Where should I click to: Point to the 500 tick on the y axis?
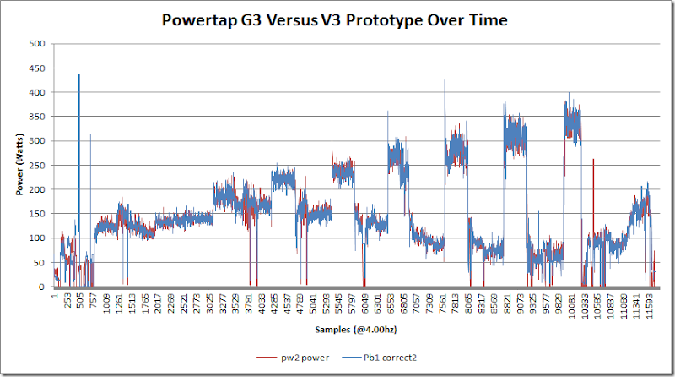click(38, 43)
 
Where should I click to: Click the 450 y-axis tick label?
click(38, 68)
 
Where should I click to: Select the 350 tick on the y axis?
click(38, 117)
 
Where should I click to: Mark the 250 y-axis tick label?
click(38, 165)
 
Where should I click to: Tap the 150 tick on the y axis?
click(38, 214)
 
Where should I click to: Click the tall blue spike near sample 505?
click(79, 76)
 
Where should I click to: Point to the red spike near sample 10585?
click(593, 161)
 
